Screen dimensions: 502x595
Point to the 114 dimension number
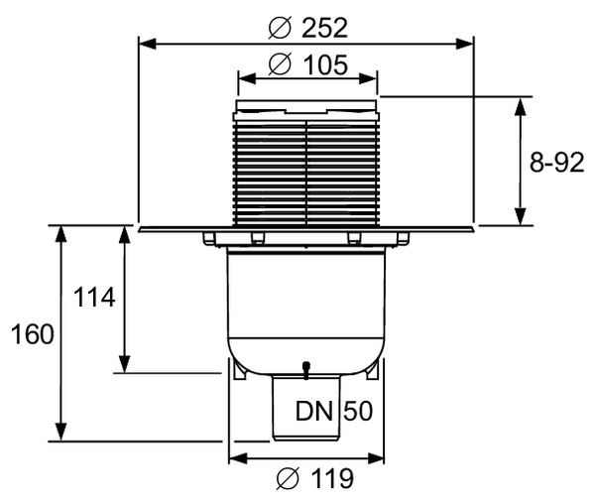95,297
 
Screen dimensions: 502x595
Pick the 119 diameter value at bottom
327,479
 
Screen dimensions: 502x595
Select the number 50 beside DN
357,411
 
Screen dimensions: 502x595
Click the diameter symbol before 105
280,65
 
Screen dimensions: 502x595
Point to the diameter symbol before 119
286,480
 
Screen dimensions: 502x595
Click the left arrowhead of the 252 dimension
144,43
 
